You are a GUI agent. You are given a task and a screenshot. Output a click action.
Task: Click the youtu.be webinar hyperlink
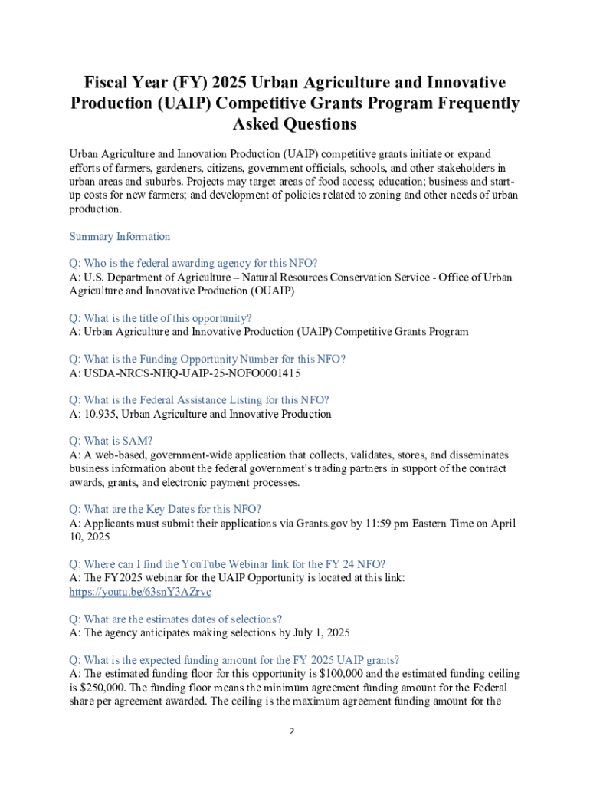pyautogui.click(x=140, y=592)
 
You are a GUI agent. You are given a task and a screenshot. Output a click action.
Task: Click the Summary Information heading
pyautogui.click(x=120, y=236)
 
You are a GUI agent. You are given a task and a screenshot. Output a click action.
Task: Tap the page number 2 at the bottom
pyautogui.click(x=292, y=731)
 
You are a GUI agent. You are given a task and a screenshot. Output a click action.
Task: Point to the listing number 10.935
pyautogui.click(x=100, y=414)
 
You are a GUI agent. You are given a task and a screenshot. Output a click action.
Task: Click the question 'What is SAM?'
pyautogui.click(x=111, y=441)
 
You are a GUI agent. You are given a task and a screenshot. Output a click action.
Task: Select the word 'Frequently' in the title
pyautogui.click(x=471, y=103)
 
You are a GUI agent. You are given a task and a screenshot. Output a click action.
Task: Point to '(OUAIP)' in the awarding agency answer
pyautogui.click(x=273, y=291)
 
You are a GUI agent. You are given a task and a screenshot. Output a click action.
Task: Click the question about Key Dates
pyautogui.click(x=166, y=509)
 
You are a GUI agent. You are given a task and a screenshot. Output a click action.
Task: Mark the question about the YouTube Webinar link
pyautogui.click(x=227, y=563)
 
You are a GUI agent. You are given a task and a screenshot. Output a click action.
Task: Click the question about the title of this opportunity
pyautogui.click(x=160, y=318)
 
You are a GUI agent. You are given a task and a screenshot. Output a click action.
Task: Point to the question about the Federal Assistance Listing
pyautogui.click(x=199, y=400)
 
